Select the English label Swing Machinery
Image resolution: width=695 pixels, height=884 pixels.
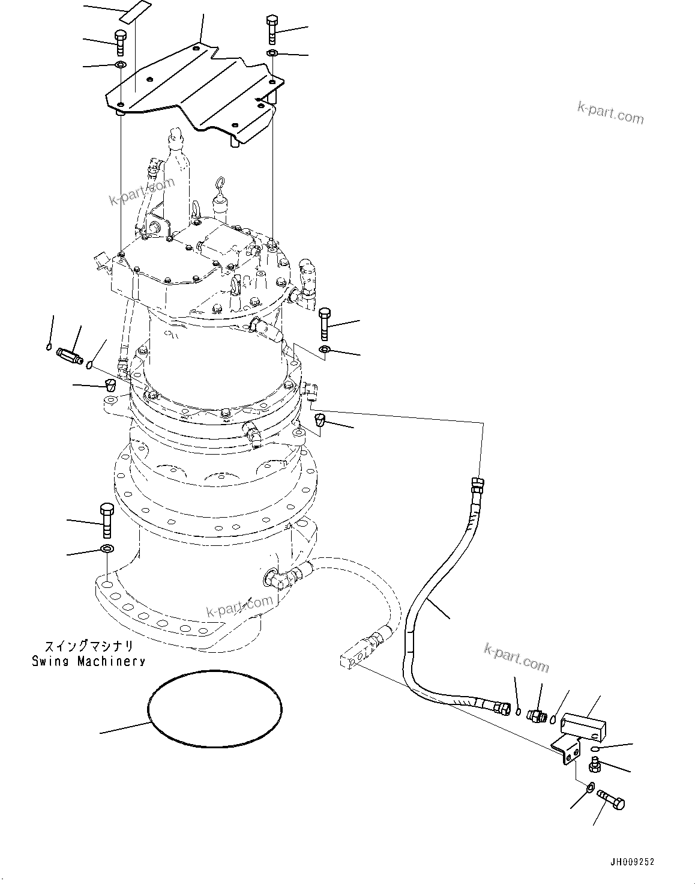(x=88, y=661)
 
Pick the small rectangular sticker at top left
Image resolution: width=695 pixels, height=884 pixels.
(x=134, y=13)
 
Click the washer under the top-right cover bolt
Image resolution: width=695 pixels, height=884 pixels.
(x=272, y=54)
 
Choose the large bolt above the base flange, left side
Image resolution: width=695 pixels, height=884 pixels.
(x=107, y=519)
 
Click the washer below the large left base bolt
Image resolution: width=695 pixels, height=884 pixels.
(x=107, y=548)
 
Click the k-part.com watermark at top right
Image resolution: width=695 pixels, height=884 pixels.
(x=610, y=112)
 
